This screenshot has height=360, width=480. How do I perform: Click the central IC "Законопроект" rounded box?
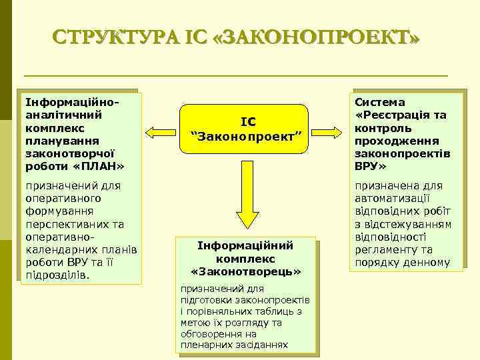(247, 129)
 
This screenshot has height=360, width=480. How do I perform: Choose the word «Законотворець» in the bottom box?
(247, 272)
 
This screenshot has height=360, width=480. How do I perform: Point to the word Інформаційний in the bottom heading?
(246, 245)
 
